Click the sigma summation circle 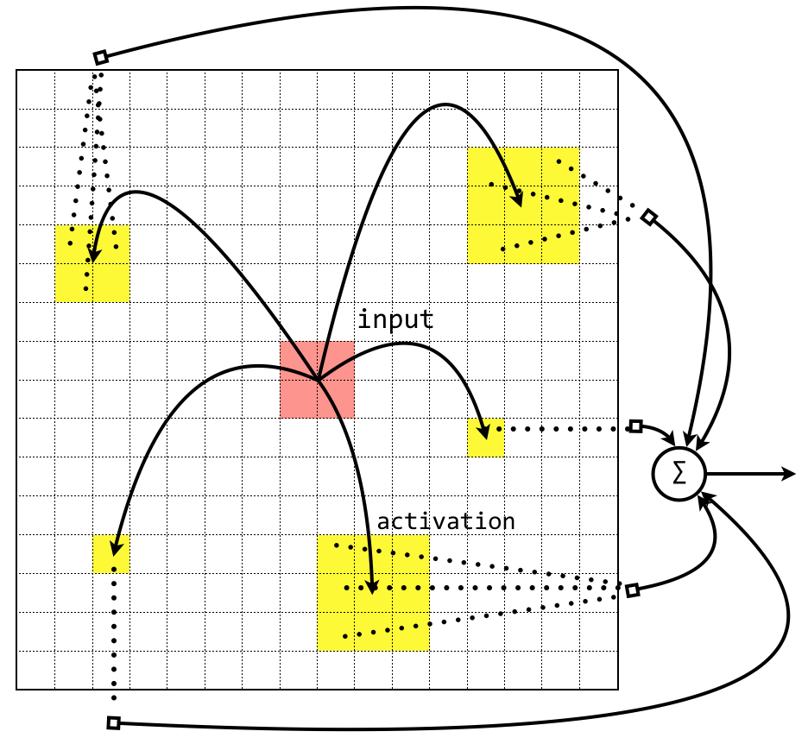(x=679, y=474)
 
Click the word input (x=395, y=320)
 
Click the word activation (x=445, y=522)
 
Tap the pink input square (x=317, y=379)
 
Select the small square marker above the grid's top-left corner (x=101, y=58)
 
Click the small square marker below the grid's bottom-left (x=113, y=722)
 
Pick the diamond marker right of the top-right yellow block (x=649, y=218)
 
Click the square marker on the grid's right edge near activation (x=632, y=590)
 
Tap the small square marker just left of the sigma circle (x=636, y=426)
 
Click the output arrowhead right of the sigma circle (x=789, y=474)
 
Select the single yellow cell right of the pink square (x=485, y=438)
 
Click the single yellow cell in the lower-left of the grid (x=111, y=553)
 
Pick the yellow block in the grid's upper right (x=523, y=205)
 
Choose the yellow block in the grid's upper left (x=92, y=264)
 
